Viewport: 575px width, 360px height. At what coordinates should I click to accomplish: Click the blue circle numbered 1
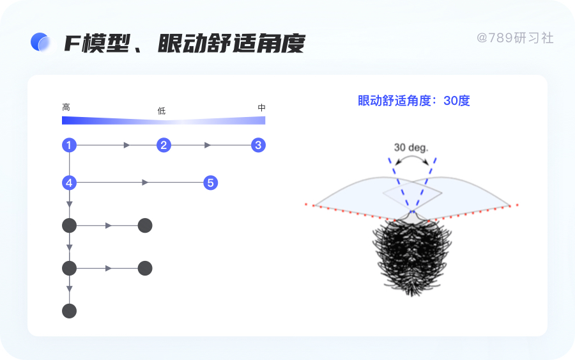tap(69, 145)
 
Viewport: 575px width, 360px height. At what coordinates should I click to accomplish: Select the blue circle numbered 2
tap(164, 145)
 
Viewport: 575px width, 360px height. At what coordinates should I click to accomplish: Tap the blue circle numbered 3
tap(258, 145)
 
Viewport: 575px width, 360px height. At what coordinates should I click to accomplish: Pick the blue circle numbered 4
tap(69, 183)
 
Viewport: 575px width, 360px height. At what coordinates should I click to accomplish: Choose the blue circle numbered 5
tap(211, 183)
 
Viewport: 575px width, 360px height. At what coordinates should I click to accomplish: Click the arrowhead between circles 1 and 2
tap(126, 145)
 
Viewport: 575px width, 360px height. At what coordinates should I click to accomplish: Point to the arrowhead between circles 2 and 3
tap(208, 145)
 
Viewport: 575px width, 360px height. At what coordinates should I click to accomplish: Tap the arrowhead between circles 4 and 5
tap(145, 183)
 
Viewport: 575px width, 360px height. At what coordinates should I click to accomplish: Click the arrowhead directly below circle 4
tap(69, 204)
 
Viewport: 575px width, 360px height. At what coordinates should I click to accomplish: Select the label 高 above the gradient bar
tap(66, 107)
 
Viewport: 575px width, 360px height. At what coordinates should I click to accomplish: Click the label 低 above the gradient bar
tap(162, 111)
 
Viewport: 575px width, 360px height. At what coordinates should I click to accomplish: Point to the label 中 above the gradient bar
tap(261, 107)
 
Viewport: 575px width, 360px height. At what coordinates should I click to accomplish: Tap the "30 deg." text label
tap(411, 147)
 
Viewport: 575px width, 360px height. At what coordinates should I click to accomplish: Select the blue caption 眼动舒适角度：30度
tap(413, 100)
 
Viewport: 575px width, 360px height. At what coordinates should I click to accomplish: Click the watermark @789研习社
tap(515, 38)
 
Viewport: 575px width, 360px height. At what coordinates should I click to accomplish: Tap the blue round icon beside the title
tap(40, 42)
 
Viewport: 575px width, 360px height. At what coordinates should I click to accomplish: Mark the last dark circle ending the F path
tap(69, 311)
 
